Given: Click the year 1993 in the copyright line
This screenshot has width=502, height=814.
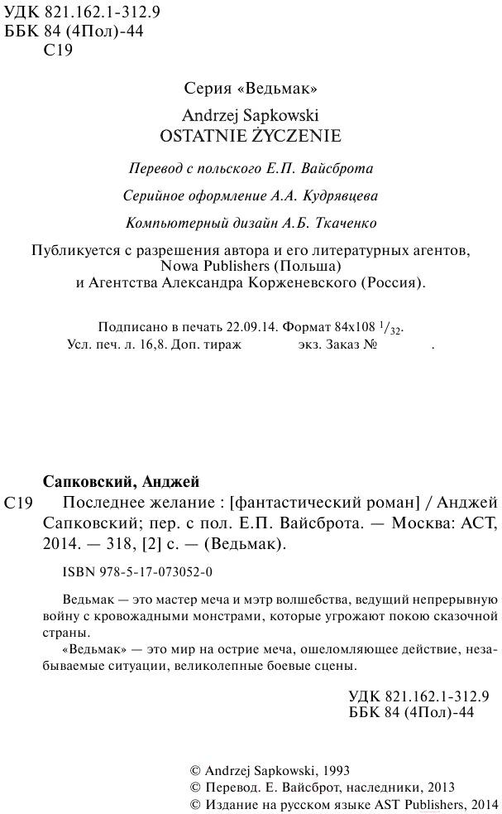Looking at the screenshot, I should point(323,769).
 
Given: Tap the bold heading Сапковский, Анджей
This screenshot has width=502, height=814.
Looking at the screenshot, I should point(120,482).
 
